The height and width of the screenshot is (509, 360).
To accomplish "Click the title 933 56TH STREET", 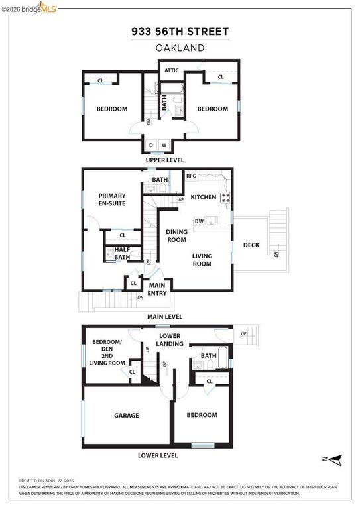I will click(x=180, y=31).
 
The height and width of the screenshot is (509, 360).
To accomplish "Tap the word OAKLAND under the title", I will click(x=180, y=48).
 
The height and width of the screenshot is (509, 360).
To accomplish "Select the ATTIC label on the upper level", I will click(x=172, y=70).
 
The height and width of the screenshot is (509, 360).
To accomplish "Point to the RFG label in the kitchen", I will click(x=191, y=176).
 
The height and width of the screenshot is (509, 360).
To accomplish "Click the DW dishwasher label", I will click(x=198, y=221).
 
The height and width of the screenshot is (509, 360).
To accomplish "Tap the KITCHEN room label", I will click(x=204, y=198).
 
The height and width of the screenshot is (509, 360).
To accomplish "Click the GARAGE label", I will click(x=126, y=416).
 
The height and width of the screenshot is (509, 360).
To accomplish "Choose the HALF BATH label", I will click(x=122, y=253).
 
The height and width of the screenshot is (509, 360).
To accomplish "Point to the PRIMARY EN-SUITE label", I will click(x=112, y=200).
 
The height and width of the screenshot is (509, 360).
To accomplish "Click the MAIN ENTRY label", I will click(x=157, y=289).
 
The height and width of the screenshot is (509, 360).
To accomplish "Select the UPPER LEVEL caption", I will click(x=165, y=160).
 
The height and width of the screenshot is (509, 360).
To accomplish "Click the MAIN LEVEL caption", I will click(x=164, y=317).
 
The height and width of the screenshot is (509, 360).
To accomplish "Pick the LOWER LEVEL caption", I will click(x=158, y=455).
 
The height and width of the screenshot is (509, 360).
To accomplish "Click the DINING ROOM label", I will click(x=176, y=236).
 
